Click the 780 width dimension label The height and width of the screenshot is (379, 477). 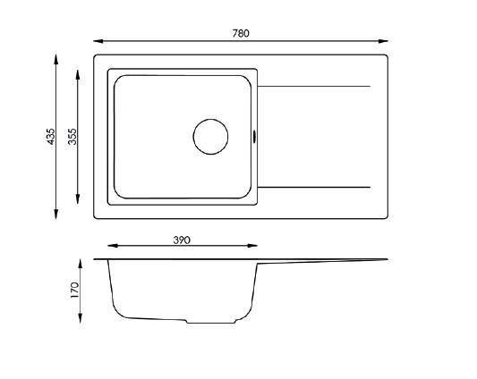pyautogui.click(x=241, y=33)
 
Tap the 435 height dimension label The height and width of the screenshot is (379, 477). pyautogui.click(x=51, y=136)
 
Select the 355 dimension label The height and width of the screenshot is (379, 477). pyautogui.click(x=72, y=137)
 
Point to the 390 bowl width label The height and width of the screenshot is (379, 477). pyautogui.click(x=182, y=240)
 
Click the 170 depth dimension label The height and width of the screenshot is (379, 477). pyautogui.click(x=75, y=290)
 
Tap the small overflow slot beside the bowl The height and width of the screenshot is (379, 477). pyautogui.click(x=254, y=136)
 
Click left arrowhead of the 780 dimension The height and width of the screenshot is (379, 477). pyautogui.click(x=98, y=41)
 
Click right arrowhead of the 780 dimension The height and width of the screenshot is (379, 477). pyautogui.click(x=383, y=41)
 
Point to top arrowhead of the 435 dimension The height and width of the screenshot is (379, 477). pyautogui.click(x=55, y=59)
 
